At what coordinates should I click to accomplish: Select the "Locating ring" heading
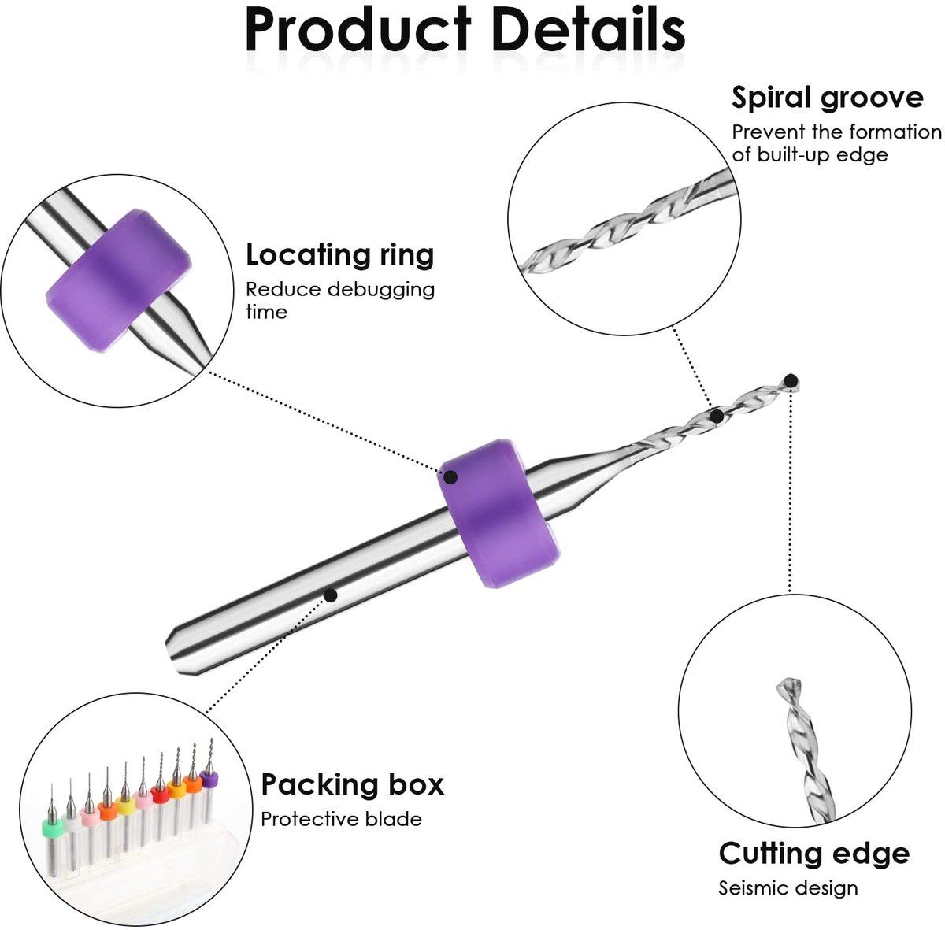click(340, 256)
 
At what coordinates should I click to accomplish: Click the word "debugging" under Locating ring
click(380, 291)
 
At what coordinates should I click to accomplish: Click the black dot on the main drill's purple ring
click(450, 476)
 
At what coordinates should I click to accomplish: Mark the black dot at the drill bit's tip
click(791, 380)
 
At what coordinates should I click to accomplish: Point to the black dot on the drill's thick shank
click(331, 595)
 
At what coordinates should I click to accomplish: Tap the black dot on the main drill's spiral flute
click(717, 417)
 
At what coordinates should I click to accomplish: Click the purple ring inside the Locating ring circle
click(118, 281)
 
